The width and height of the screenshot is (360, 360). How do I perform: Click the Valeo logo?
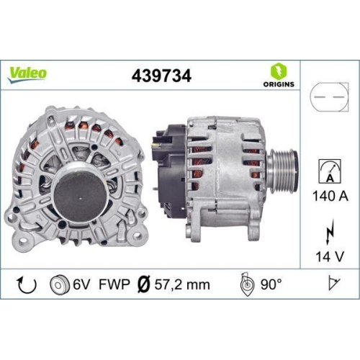(x=28, y=73)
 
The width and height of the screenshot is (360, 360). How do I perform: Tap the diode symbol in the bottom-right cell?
(x=333, y=284)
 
